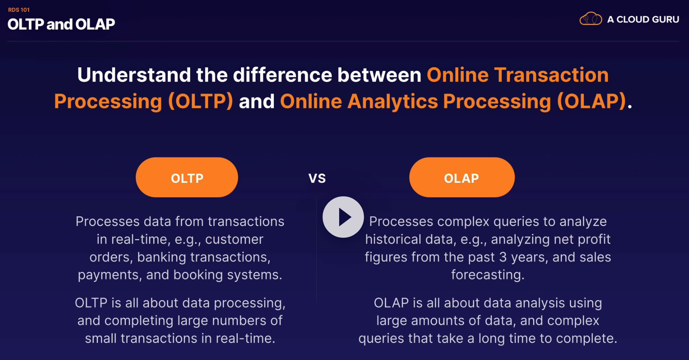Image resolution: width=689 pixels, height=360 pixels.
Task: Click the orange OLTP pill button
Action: tap(187, 177)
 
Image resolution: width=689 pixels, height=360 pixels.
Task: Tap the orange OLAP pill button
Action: tap(462, 177)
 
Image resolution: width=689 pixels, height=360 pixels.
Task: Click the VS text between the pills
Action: tap(317, 178)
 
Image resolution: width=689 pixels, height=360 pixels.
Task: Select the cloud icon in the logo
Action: tap(591, 19)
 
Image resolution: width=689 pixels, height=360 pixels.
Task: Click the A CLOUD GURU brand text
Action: tap(643, 19)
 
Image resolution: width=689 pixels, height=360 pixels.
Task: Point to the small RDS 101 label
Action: tap(19, 10)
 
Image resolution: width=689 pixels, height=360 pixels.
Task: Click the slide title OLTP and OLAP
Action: tap(61, 24)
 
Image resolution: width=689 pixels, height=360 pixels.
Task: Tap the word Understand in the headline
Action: tap(134, 75)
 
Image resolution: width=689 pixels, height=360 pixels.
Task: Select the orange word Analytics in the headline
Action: tap(392, 101)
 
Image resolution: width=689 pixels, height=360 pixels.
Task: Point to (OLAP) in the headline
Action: tap(591, 101)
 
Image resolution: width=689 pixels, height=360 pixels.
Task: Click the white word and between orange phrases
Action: tap(257, 101)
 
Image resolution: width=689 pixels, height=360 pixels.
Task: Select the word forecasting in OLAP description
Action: tap(488, 275)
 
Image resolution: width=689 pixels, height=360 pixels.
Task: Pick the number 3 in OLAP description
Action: tap(503, 257)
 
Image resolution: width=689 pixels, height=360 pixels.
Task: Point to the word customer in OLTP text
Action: tap(234, 239)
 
